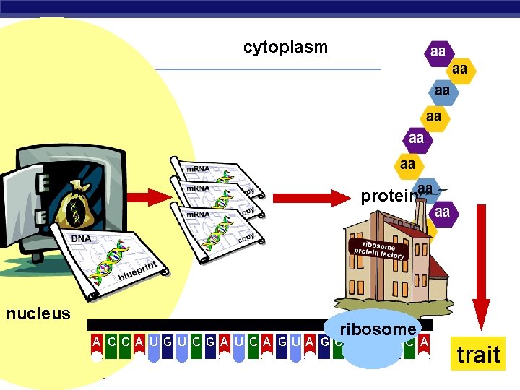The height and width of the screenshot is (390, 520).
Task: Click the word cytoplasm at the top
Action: (x=285, y=48)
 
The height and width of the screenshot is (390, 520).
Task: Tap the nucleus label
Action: (x=38, y=313)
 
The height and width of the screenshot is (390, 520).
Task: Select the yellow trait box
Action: (x=478, y=354)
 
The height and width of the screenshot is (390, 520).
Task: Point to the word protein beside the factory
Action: (x=389, y=196)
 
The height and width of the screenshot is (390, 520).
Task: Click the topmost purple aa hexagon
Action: (x=438, y=52)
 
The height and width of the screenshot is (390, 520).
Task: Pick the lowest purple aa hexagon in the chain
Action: (x=442, y=212)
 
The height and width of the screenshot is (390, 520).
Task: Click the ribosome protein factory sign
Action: (x=378, y=249)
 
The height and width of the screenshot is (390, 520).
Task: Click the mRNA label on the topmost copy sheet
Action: (x=199, y=169)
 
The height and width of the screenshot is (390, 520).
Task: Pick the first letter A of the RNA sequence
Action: (x=96, y=341)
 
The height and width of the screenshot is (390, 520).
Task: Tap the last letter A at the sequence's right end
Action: (x=424, y=341)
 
